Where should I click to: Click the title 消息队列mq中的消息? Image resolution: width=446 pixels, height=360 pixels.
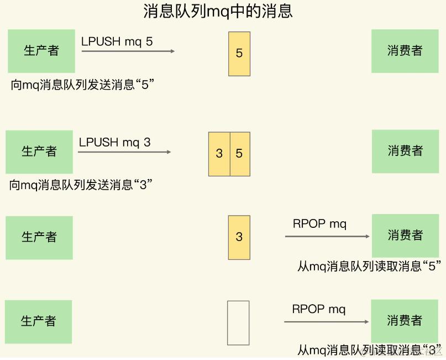[x=218, y=11]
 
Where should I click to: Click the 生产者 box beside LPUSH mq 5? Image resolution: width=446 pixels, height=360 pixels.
[x=41, y=51]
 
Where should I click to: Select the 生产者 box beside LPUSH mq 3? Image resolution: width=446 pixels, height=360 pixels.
[x=39, y=152]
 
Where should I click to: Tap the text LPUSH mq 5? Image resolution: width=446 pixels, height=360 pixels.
[x=117, y=41]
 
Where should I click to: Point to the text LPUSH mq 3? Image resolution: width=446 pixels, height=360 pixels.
[x=114, y=142]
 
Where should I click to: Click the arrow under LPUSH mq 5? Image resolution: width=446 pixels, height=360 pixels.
[x=128, y=51]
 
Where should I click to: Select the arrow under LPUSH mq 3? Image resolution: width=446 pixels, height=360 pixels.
[x=124, y=152]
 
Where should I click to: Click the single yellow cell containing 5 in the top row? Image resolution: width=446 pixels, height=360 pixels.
[x=239, y=54]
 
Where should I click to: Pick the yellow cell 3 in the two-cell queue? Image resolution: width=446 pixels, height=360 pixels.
[x=219, y=154]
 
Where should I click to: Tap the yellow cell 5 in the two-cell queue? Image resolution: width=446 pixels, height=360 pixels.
[x=239, y=154]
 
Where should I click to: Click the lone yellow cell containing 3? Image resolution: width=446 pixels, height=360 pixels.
[x=239, y=237]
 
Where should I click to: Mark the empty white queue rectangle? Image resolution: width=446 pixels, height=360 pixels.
[x=238, y=323]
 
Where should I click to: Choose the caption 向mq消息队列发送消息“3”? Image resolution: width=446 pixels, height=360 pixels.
[x=81, y=185]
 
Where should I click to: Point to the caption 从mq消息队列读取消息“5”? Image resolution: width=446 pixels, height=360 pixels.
[x=369, y=267]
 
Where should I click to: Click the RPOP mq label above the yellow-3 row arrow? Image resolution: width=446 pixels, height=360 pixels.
[x=319, y=224]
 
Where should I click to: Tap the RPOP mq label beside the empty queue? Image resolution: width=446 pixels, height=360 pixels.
[x=319, y=309]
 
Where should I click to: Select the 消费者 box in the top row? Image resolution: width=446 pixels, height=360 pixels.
[x=405, y=51]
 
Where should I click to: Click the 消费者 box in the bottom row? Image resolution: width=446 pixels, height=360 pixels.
[x=405, y=321]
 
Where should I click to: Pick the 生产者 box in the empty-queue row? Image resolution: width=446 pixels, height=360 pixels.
[x=39, y=321]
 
